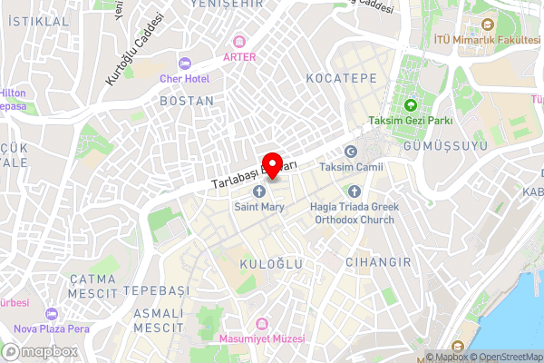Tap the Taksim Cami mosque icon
tap(351, 152)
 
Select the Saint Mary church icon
tap(259, 191)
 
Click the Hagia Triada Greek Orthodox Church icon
tap(354, 191)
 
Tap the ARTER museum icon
tap(239, 42)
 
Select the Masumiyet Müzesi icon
tap(263, 323)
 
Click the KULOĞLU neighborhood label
tap(269, 263)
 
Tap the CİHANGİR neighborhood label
tap(378, 261)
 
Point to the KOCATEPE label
tap(341, 79)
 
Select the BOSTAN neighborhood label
tap(187, 102)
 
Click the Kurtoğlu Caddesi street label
tap(135, 50)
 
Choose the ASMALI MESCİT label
tap(158, 319)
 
